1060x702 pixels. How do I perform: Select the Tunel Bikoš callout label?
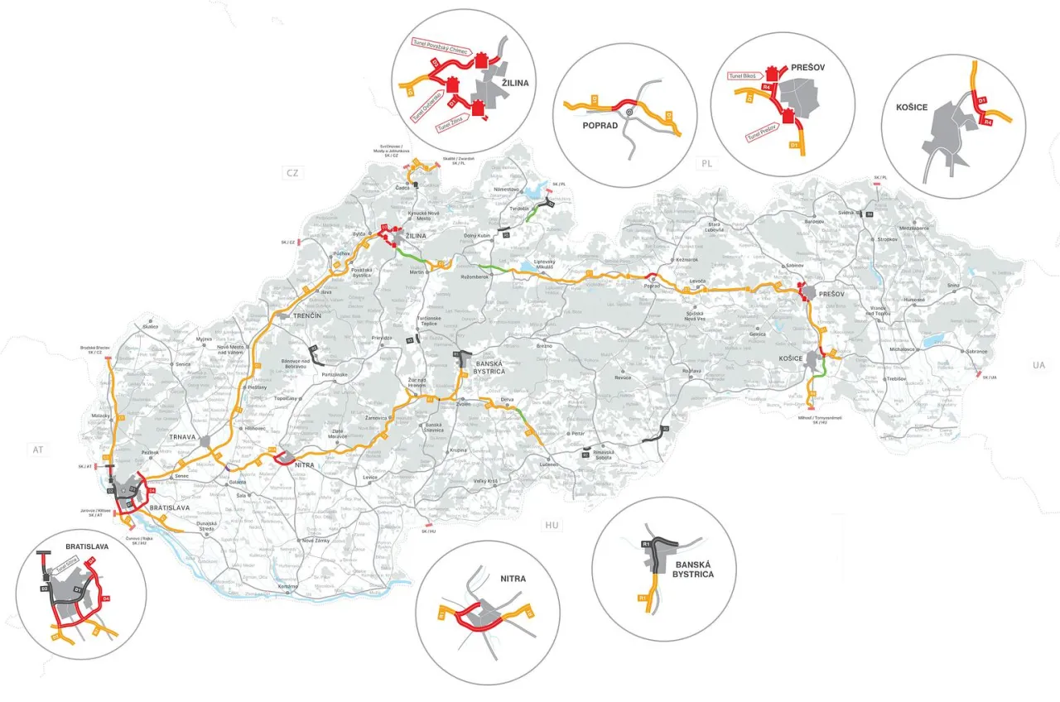pos(744,76)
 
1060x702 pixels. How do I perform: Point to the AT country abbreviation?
pos(36,450)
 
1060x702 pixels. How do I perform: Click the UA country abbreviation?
pos(1039,364)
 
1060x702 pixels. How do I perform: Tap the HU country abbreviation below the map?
pos(552,525)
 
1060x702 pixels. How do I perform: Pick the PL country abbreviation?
pos(706,162)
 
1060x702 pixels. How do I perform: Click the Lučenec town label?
pos(547,464)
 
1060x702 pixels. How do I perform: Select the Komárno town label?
pos(287,586)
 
